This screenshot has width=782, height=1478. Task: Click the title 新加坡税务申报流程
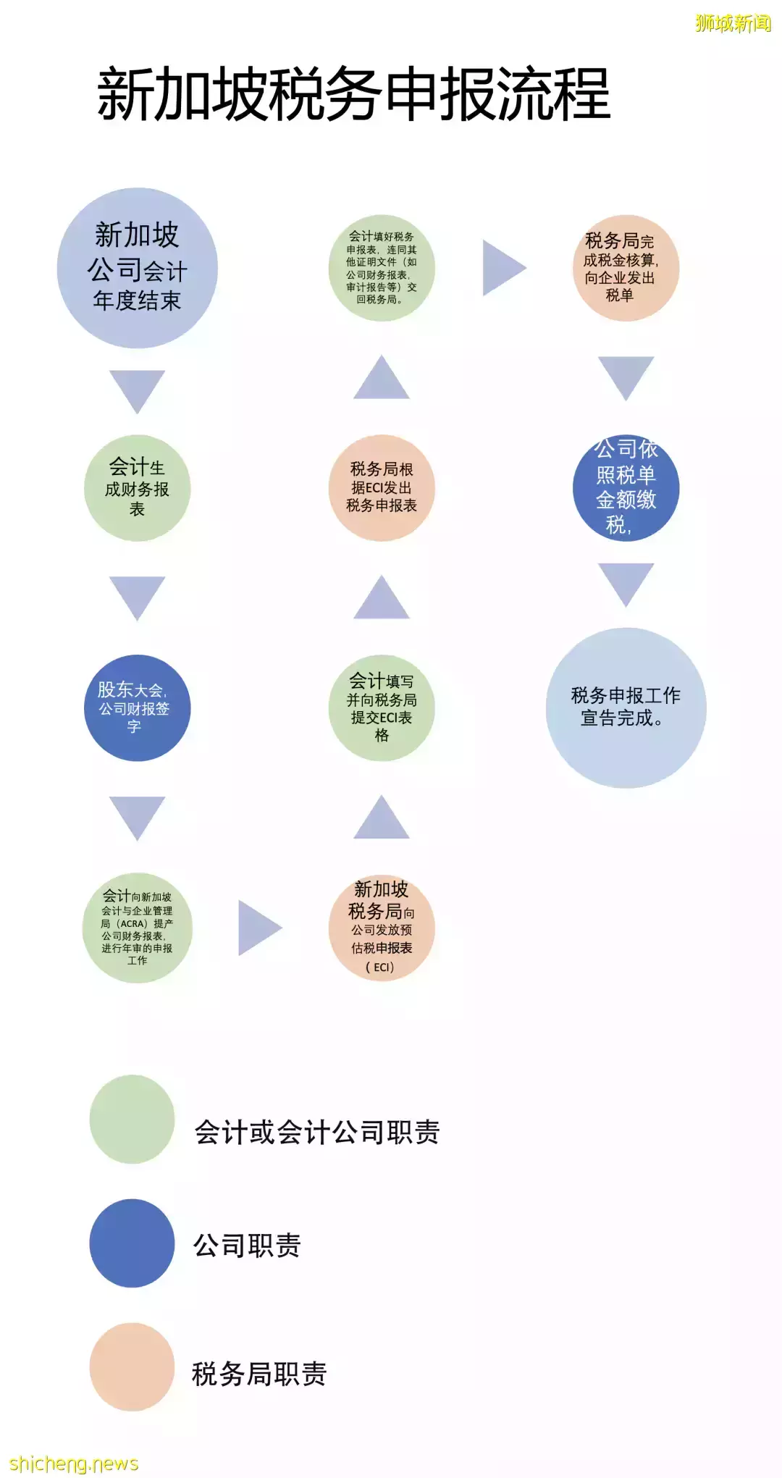click(354, 93)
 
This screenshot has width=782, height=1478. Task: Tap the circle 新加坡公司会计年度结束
click(138, 268)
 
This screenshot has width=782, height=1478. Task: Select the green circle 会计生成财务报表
click(138, 488)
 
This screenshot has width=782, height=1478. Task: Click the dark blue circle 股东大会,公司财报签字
click(138, 708)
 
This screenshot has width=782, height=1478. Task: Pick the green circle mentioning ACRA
click(138, 928)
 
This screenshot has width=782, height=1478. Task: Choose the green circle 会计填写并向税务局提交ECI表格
click(382, 708)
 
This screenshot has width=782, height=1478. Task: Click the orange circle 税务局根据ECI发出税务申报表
click(382, 488)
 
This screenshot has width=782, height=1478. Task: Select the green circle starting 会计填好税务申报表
click(382, 268)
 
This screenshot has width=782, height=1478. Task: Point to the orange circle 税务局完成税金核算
click(626, 268)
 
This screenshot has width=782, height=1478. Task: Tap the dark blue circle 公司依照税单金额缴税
click(626, 488)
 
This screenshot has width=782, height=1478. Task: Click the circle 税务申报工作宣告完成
click(626, 708)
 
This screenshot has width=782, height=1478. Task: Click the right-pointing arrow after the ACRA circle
click(260, 928)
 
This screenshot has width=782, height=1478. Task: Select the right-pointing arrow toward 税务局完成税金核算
click(504, 268)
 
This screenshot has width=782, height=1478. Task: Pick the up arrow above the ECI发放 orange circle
click(382, 817)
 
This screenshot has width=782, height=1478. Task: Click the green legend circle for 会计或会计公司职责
click(133, 1120)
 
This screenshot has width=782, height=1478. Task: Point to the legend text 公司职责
click(247, 1245)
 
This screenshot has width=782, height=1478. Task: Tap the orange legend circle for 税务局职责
click(133, 1367)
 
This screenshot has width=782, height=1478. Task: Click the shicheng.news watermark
click(74, 1464)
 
